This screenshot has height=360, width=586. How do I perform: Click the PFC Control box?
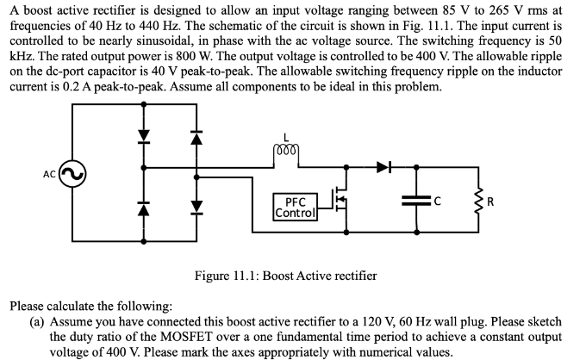293,207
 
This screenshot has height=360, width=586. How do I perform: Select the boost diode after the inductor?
385,164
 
